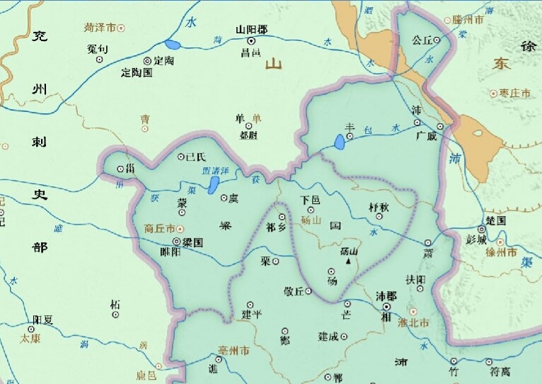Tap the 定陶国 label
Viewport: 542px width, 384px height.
pyautogui.click(x=137, y=72)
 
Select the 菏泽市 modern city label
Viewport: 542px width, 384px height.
pyautogui.click(x=99, y=28)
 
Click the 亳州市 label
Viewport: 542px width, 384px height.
pyautogui.click(x=233, y=351)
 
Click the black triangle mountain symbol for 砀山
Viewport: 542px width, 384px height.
pyautogui.click(x=349, y=261)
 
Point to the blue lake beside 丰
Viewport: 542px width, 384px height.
pyautogui.click(x=340, y=143)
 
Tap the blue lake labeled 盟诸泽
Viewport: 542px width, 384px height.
pyautogui.click(x=213, y=186)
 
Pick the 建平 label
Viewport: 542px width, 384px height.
pyautogui.click(x=252, y=314)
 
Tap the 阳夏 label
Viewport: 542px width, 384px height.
pyautogui.click(x=43, y=320)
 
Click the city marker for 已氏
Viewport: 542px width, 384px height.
pyautogui.click(x=180, y=157)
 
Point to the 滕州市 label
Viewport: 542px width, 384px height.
pyautogui.click(x=468, y=20)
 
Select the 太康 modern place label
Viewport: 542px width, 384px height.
pyautogui.click(x=30, y=338)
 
